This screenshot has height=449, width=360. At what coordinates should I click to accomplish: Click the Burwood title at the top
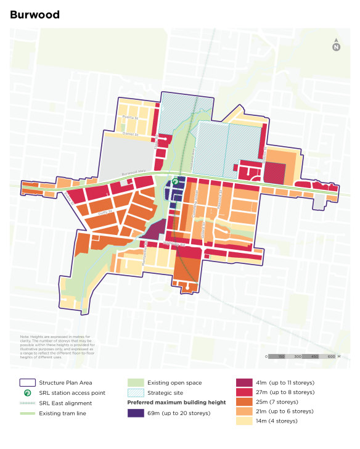click(x=35, y=15)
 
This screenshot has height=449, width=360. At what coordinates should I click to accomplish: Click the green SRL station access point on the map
click(x=174, y=182)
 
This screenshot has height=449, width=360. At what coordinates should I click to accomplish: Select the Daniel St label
click(x=129, y=132)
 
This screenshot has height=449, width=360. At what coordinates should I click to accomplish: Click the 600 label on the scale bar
click(x=331, y=356)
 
